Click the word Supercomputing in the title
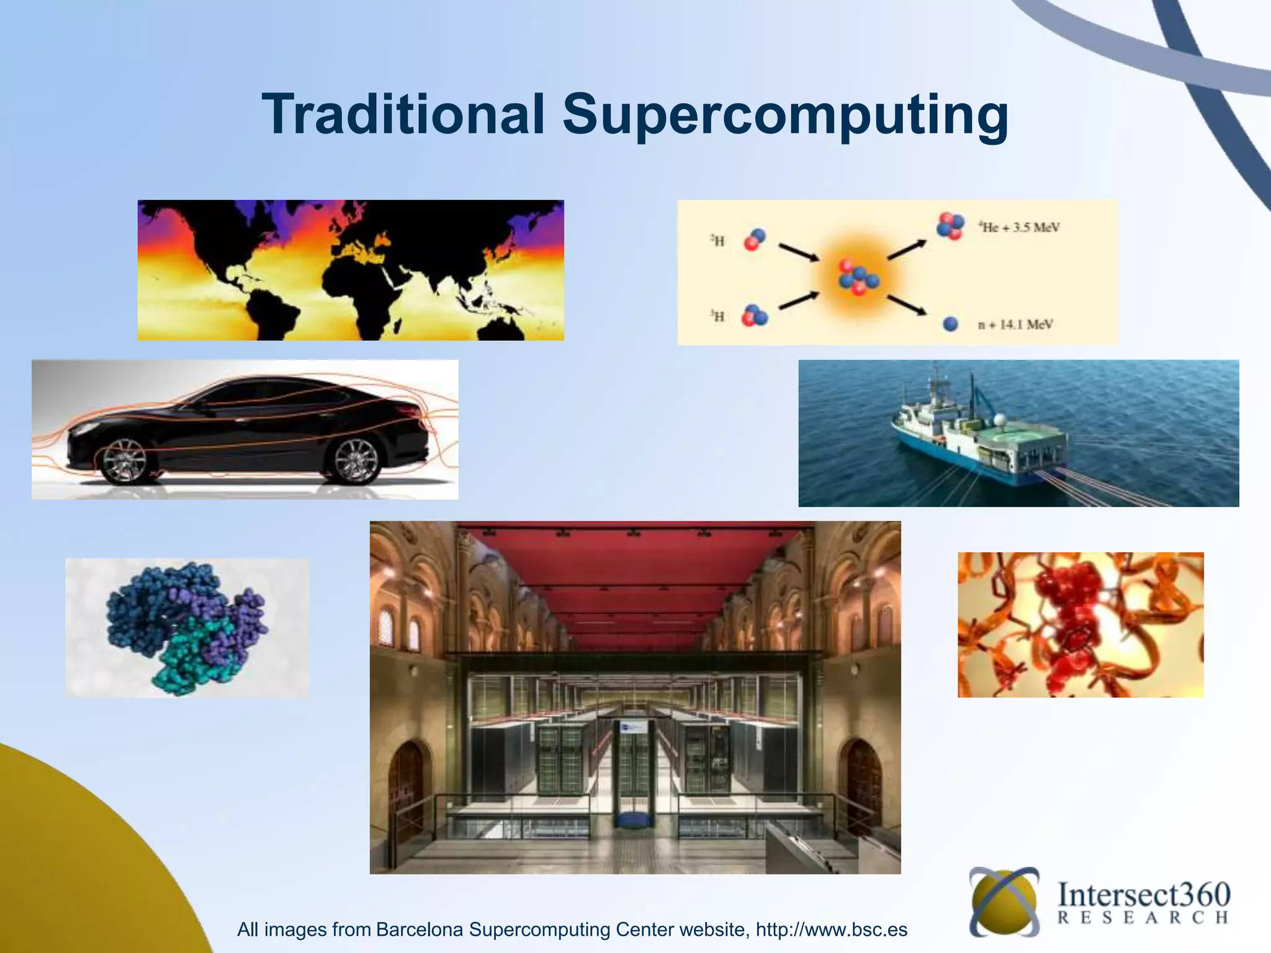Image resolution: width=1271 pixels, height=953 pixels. click(785, 115)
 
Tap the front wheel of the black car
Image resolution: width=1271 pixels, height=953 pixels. click(124, 460)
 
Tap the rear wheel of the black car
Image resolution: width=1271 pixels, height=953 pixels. click(356, 460)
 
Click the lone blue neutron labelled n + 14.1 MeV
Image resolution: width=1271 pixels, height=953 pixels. click(950, 324)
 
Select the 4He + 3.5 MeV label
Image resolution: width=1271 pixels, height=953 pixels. click(1019, 228)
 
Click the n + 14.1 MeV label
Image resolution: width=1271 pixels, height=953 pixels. click(1015, 324)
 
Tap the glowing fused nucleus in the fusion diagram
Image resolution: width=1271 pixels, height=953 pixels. click(858, 277)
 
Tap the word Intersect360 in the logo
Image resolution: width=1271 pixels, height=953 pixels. click(1144, 895)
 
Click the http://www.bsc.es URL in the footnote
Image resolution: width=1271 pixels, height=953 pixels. click(832, 929)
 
